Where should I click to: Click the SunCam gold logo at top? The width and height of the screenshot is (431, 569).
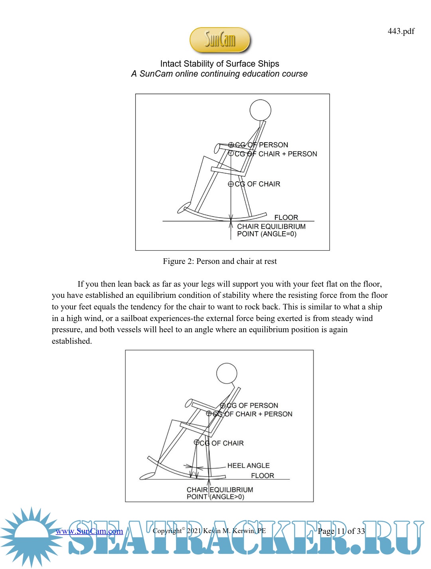(x=219, y=40)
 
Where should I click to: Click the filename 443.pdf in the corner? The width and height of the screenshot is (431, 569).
(x=401, y=31)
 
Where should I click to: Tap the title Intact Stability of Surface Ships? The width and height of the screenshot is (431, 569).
(x=219, y=64)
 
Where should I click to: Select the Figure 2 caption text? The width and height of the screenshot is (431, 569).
(x=219, y=261)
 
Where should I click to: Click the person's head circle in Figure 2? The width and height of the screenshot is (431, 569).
(x=260, y=110)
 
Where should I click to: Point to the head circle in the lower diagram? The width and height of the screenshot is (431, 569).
(x=227, y=373)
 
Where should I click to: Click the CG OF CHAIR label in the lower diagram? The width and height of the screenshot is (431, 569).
(x=221, y=443)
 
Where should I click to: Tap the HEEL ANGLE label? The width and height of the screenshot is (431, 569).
(x=248, y=466)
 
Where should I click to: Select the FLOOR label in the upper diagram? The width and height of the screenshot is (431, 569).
(x=286, y=218)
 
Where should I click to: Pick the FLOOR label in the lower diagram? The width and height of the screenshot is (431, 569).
(x=262, y=476)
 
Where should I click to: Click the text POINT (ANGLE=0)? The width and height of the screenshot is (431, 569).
(x=267, y=234)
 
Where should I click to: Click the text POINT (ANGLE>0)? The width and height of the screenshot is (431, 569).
(x=215, y=497)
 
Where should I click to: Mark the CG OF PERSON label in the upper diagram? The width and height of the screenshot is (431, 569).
(x=261, y=145)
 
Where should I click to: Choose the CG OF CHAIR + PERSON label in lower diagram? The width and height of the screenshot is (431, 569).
(x=252, y=414)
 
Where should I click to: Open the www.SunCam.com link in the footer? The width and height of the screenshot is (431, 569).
(x=89, y=531)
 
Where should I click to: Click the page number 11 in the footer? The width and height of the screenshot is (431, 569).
(x=341, y=531)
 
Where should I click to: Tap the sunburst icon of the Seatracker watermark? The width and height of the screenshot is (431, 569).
(x=31, y=537)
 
